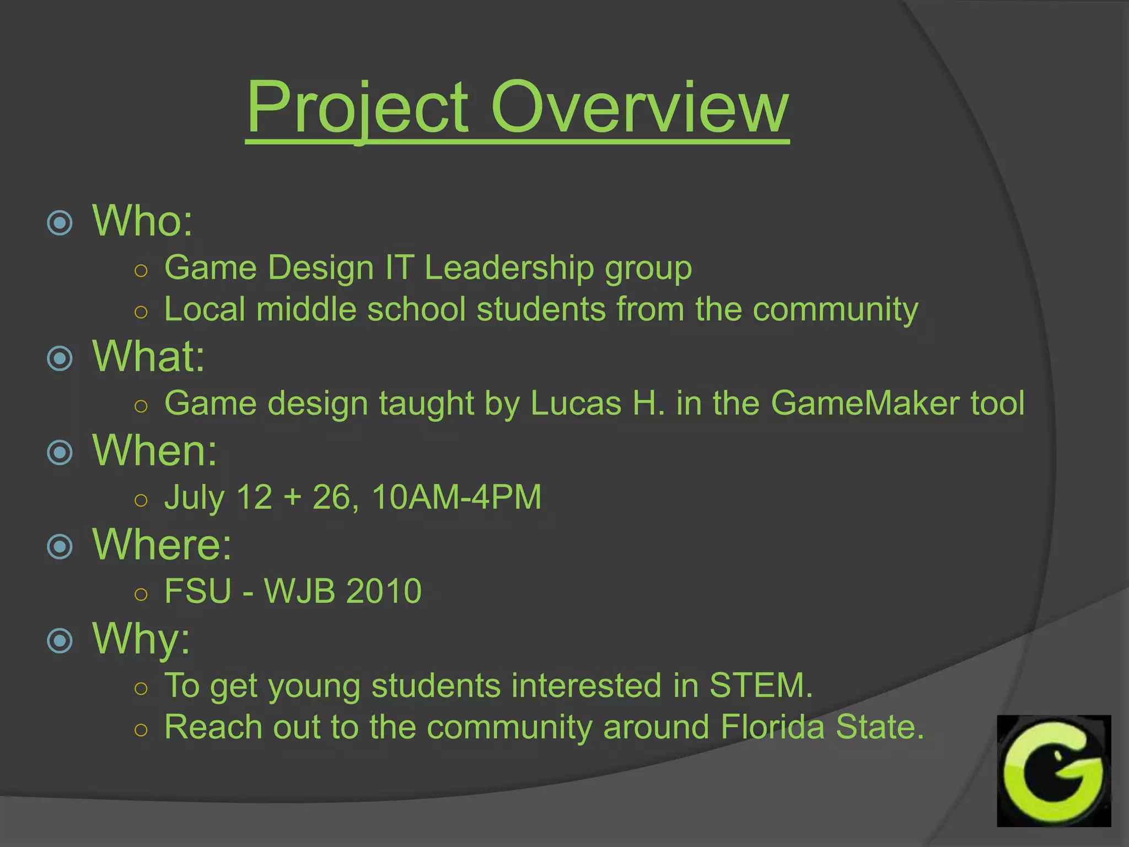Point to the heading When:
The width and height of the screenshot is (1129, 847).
[x=155, y=451]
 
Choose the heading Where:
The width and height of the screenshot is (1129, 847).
[x=162, y=544]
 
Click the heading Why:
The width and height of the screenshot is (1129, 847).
[x=141, y=639]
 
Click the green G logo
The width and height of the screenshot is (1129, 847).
[x=1053, y=770]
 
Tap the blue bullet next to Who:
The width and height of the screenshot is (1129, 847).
[x=60, y=223]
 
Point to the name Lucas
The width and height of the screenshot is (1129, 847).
[x=576, y=403]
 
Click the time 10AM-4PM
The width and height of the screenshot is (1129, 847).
[x=456, y=497]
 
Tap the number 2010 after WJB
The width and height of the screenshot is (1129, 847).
[x=384, y=591]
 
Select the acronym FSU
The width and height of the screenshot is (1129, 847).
[x=198, y=591]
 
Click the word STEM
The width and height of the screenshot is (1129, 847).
[x=760, y=685]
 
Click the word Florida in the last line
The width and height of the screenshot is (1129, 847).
[x=772, y=727]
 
